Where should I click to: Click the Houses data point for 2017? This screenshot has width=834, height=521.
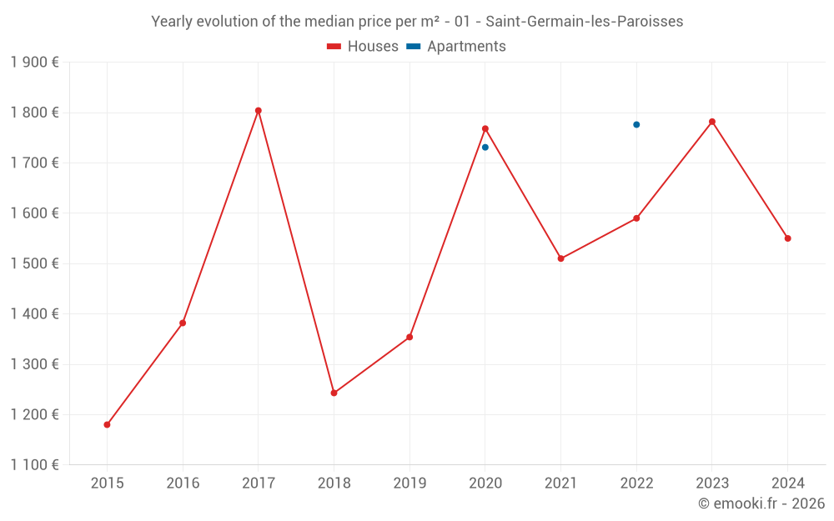pos(259,111)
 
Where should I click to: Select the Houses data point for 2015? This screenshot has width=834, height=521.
pos(107,424)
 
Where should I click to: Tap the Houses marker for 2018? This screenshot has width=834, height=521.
pos(334,393)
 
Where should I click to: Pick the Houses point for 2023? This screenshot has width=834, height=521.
pos(712,122)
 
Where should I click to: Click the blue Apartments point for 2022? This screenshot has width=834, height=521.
pos(636,125)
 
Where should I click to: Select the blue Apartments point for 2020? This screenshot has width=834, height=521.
pos(485,148)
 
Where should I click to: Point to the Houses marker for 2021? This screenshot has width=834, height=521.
pos(560,258)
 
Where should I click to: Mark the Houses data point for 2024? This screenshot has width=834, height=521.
pos(787,238)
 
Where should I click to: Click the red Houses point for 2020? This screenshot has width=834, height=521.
pos(485,128)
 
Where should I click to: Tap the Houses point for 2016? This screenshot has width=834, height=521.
pos(183,323)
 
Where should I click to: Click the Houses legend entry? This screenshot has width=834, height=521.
pos(363,47)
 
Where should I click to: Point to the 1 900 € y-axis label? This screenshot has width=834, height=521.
pos(34,63)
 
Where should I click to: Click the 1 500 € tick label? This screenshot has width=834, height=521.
pos(34,263)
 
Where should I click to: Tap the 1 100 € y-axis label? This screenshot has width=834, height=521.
pos(34,465)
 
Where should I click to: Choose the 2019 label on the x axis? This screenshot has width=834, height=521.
pos(409,483)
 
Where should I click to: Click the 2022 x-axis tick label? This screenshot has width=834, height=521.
pos(636,483)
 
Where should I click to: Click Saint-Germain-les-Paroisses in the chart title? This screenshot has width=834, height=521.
pos(584,22)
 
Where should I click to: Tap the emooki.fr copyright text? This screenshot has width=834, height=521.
pos(761,503)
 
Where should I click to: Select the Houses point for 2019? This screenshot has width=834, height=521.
pos(409,337)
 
